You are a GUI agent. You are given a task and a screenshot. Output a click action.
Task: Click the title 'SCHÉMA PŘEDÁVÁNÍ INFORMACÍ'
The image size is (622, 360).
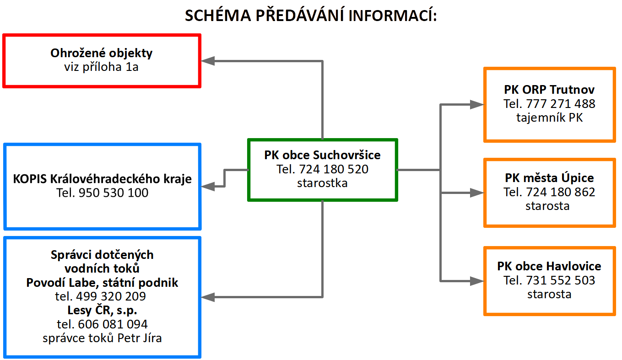[x=311, y=15]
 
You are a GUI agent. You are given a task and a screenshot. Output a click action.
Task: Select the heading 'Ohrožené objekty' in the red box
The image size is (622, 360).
[x=101, y=53]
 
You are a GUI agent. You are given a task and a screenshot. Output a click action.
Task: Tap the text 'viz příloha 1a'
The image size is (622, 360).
[x=101, y=67]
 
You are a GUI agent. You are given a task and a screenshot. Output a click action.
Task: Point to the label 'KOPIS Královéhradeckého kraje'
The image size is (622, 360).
[x=102, y=179]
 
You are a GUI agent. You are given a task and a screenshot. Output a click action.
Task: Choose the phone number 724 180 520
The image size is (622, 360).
[x=334, y=169]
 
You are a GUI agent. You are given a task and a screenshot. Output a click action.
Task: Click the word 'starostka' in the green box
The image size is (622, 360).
[x=322, y=183]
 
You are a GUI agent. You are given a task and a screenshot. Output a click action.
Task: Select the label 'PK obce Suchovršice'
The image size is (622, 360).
[x=322, y=155]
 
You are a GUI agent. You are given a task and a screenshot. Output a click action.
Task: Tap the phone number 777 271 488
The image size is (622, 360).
[x=561, y=104]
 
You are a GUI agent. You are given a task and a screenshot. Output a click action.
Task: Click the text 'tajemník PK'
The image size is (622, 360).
[x=550, y=118]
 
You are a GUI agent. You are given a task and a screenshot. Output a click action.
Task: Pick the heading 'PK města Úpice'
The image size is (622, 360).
[x=549, y=178]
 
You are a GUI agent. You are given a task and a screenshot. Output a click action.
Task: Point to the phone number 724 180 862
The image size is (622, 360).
[x=561, y=192]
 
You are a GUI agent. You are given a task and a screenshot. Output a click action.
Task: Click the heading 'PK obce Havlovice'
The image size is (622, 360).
[x=549, y=266]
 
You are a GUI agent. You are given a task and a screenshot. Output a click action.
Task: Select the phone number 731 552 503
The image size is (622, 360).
[x=561, y=280]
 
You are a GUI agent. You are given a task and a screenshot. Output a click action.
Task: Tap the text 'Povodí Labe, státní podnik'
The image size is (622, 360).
[x=102, y=283]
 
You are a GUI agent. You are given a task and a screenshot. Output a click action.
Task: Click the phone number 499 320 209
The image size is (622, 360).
[x=111, y=296]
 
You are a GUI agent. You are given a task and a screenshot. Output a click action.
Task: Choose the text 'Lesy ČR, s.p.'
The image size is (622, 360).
[x=102, y=310]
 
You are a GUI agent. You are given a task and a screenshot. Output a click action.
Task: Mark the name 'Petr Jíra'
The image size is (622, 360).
[x=140, y=338]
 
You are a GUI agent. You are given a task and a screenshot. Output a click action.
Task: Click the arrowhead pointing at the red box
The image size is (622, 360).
[x=208, y=61]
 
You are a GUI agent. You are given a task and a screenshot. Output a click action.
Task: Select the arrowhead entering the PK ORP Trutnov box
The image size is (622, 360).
[x=477, y=104]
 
